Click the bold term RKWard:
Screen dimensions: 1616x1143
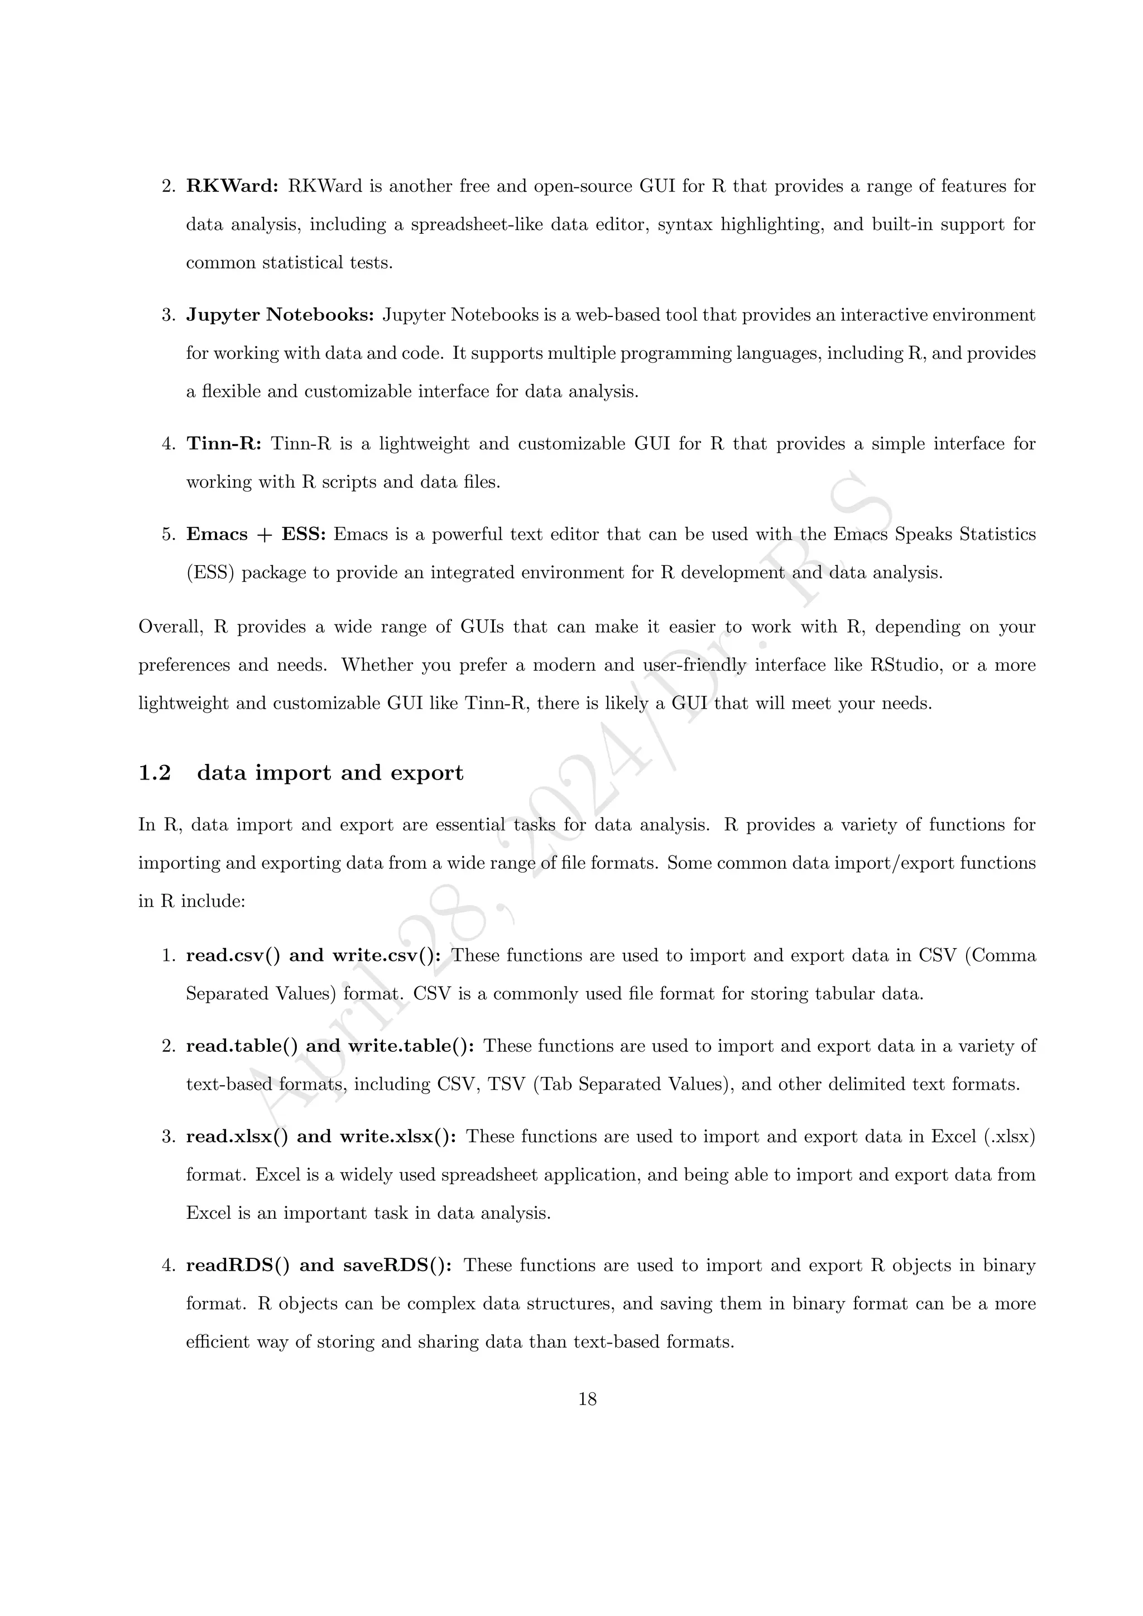(232, 186)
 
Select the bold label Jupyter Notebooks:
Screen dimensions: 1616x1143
(280, 315)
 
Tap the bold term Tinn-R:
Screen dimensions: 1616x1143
(224, 444)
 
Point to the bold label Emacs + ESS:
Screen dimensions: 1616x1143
(256, 535)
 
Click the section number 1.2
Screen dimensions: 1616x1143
(155, 773)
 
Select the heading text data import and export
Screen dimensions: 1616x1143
(330, 773)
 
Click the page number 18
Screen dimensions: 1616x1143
(588, 1399)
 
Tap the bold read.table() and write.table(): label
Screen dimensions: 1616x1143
(329, 1047)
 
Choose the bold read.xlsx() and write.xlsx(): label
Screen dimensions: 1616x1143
(321, 1137)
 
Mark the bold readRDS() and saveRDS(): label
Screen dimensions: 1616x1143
(319, 1266)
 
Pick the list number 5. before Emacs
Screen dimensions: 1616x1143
(169, 535)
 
